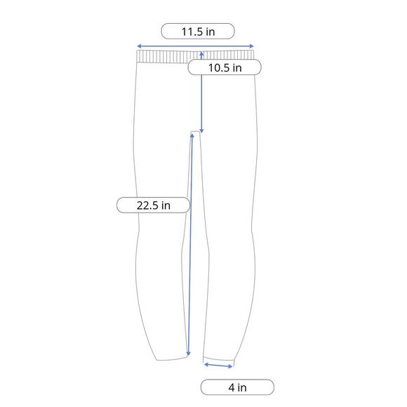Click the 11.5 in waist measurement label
pyautogui.click(x=198, y=31)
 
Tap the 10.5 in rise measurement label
pyautogui.click(x=225, y=67)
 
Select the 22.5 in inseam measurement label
pyautogui.click(x=154, y=205)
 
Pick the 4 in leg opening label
pyautogui.click(x=237, y=387)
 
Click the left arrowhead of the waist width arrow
pyautogui.click(x=139, y=46)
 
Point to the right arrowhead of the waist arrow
pyautogui.click(x=251, y=46)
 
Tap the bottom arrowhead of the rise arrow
pyautogui.click(x=201, y=131)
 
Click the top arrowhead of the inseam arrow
pyautogui.click(x=192, y=135)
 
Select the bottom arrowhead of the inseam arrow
pyautogui.click(x=189, y=354)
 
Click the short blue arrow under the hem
pyautogui.click(x=218, y=366)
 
